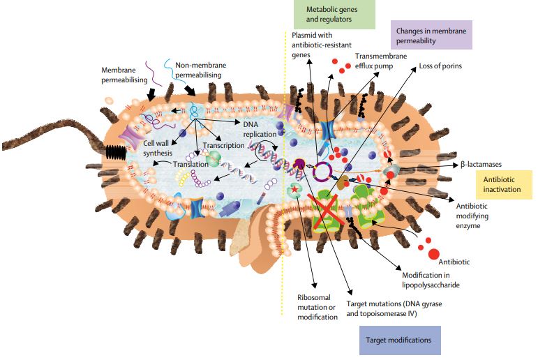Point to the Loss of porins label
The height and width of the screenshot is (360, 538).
tap(441, 67)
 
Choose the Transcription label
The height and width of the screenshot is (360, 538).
tap(223, 146)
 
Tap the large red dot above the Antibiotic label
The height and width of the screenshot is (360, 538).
tap(433, 254)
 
